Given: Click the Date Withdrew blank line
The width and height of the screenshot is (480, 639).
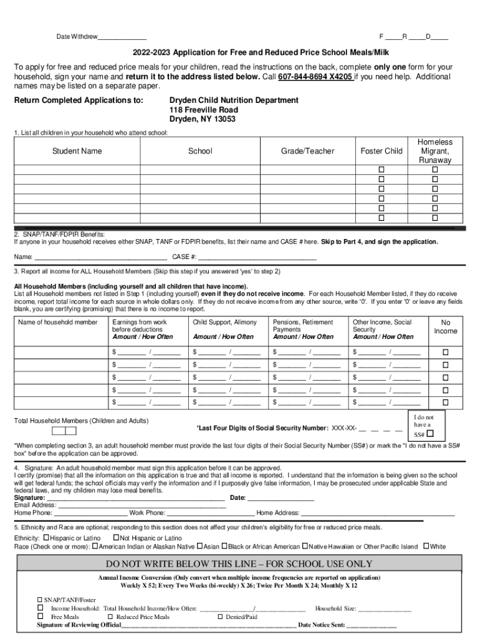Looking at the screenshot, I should click(x=122, y=37).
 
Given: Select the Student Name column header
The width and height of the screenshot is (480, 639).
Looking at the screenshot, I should click(x=77, y=151).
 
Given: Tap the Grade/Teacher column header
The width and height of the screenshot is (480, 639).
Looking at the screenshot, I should click(x=307, y=151).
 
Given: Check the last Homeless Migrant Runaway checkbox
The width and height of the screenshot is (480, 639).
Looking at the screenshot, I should click(x=435, y=218).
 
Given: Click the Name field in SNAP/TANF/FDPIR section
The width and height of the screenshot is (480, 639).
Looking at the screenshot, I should click(x=100, y=257).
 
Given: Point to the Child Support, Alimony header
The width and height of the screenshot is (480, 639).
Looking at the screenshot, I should click(x=224, y=322).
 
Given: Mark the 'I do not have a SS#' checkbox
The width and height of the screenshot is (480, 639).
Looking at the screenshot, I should click(x=430, y=434).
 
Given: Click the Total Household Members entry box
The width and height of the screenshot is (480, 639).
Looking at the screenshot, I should click(x=64, y=431).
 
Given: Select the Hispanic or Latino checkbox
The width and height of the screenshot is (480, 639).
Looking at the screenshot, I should click(x=46, y=537).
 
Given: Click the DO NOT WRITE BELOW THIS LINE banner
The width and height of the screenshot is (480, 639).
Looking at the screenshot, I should click(x=239, y=563).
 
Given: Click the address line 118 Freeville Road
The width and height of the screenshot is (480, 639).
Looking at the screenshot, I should click(x=203, y=110).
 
